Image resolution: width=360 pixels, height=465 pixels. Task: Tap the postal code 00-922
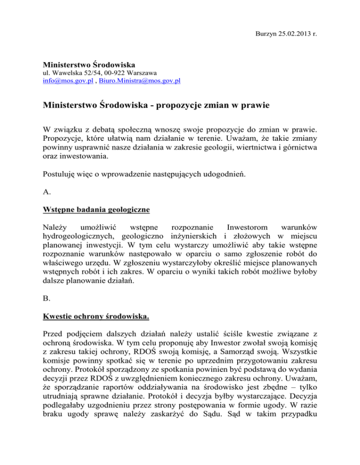(111, 73)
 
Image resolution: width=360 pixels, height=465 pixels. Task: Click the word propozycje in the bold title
(180, 106)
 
